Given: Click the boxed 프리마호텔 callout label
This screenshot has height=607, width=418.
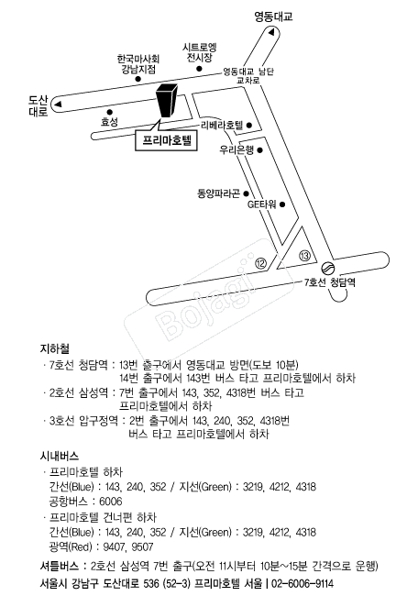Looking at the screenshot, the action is click(x=166, y=140).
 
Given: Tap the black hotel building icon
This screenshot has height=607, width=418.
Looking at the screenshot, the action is click(x=168, y=100).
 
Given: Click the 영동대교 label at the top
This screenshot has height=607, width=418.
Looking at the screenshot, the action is click(x=274, y=17).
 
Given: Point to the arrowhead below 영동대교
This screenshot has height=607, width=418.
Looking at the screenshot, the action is click(x=271, y=32).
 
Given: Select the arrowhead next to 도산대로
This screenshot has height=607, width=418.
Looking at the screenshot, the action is click(x=58, y=104).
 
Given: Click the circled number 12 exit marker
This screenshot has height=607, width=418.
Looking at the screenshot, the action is click(x=261, y=264).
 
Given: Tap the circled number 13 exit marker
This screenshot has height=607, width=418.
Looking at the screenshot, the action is click(x=305, y=255).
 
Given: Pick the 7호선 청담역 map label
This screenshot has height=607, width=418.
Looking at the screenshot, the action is click(x=329, y=282).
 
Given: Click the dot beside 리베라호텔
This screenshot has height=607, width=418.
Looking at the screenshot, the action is click(x=249, y=125).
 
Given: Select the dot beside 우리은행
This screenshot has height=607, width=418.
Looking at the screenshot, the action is click(x=259, y=150).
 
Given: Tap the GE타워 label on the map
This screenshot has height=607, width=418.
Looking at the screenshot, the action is click(x=261, y=204).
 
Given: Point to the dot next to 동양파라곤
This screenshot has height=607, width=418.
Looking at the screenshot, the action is click(x=246, y=193).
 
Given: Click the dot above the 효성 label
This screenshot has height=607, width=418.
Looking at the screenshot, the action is click(x=110, y=112).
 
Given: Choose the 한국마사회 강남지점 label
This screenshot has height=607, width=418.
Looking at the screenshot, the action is click(x=138, y=64).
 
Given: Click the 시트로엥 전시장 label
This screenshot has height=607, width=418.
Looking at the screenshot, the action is click(x=199, y=52).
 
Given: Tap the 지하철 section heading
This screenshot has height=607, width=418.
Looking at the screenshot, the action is click(x=55, y=348).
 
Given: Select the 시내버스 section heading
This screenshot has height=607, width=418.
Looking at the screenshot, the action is click(x=60, y=456).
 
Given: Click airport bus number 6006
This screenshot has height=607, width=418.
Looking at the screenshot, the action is click(x=111, y=502).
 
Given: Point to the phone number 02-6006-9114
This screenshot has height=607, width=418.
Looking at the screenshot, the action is click(x=302, y=583).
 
